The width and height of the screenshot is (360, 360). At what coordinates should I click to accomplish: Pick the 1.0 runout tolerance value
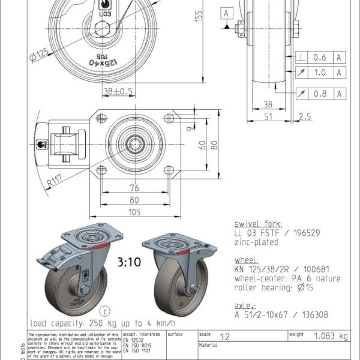coord(320,73)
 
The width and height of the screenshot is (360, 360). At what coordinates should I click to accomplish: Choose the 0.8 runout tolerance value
coord(320,93)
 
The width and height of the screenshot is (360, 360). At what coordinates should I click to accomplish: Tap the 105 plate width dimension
coord(136,211)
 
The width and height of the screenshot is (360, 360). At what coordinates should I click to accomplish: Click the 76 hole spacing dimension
coord(136,187)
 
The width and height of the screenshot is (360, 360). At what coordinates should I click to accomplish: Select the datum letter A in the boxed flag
coord(227,12)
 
